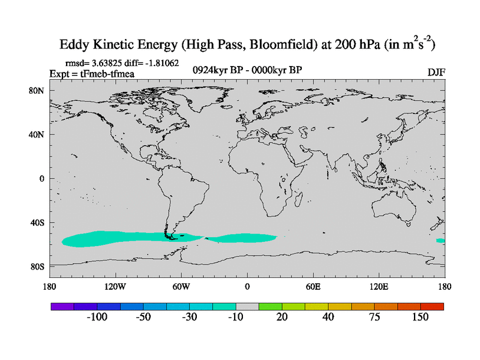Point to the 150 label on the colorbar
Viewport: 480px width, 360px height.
421,317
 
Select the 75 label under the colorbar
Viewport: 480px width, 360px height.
374,317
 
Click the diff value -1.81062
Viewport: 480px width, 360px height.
161,62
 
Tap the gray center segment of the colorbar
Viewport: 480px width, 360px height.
247,306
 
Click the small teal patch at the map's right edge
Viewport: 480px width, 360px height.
440,241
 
